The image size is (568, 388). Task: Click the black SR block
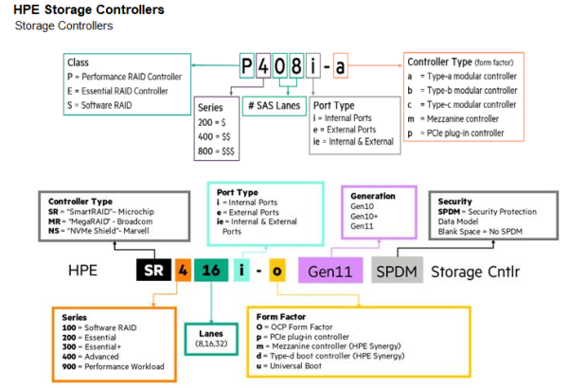(151, 272)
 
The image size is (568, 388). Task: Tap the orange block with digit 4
(182, 272)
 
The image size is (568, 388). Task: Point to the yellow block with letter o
(276, 272)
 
